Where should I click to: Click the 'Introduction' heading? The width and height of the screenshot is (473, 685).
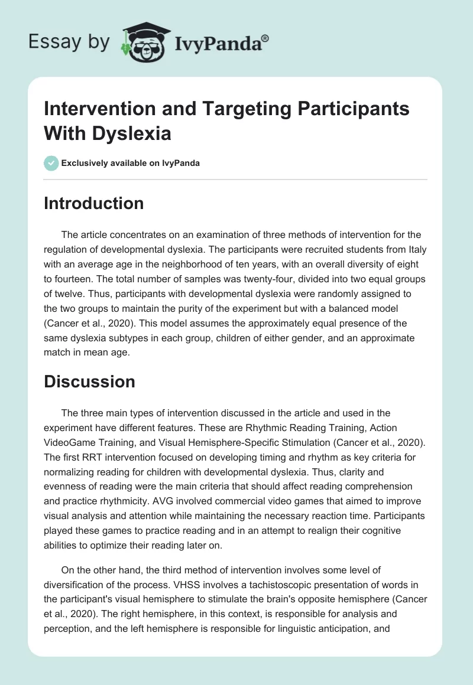click(x=94, y=203)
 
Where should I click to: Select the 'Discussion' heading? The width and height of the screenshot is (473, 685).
click(x=90, y=381)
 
